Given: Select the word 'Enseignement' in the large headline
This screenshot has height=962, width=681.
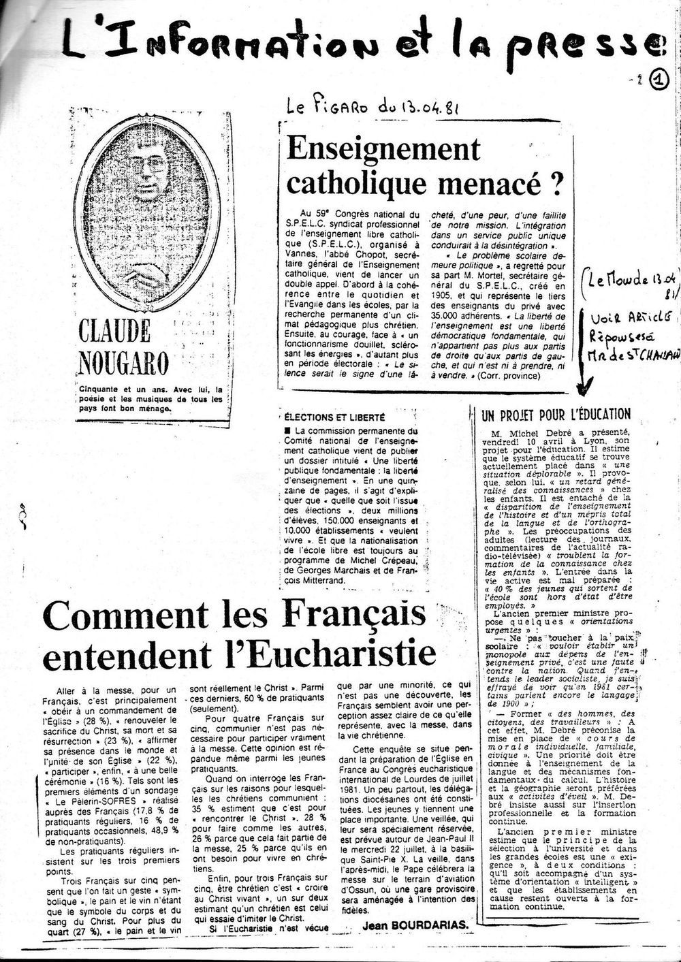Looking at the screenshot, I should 383,148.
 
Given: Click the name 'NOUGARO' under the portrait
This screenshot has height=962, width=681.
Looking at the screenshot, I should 123,362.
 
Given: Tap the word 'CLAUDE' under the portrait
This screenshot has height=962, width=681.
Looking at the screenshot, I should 114,332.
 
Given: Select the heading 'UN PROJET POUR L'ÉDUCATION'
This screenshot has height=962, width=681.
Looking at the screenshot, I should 556,414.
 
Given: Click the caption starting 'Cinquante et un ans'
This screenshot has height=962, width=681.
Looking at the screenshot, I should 151,400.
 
